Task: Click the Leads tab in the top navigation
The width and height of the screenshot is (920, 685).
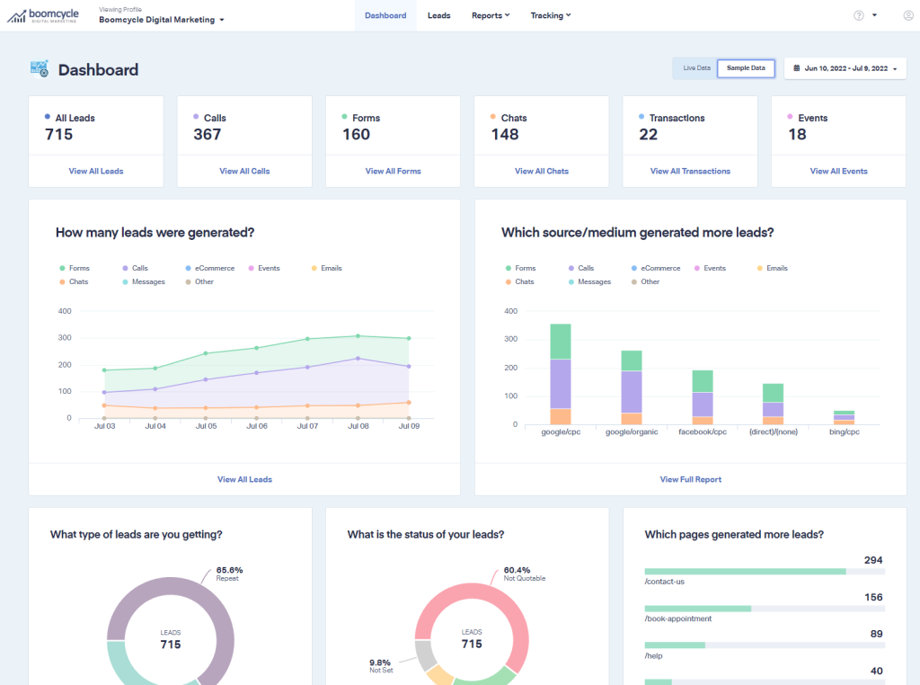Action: tap(438, 15)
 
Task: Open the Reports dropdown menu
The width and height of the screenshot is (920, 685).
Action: tap(490, 15)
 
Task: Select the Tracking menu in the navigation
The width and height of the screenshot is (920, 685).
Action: tap(550, 15)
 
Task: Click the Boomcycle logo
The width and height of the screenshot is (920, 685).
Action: tap(41, 15)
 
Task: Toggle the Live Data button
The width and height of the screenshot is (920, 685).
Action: tap(696, 68)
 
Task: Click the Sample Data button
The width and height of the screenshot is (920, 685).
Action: tap(746, 68)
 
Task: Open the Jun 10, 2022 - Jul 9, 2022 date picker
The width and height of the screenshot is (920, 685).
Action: tap(845, 68)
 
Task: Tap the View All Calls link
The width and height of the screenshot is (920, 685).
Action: tap(244, 171)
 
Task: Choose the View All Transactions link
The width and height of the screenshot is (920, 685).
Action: tap(690, 171)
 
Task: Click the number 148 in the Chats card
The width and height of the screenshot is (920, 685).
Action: tap(505, 135)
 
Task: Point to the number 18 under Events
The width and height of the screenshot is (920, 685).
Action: tap(797, 135)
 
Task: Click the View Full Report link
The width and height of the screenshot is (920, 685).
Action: tap(690, 479)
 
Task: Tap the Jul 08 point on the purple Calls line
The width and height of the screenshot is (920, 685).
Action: tap(358, 359)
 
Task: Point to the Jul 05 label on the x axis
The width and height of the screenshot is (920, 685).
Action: tap(206, 427)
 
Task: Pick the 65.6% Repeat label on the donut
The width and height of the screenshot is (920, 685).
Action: tap(229, 574)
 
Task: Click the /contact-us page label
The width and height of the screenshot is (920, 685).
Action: tap(665, 582)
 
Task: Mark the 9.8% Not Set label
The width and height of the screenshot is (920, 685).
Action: tap(382, 666)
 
